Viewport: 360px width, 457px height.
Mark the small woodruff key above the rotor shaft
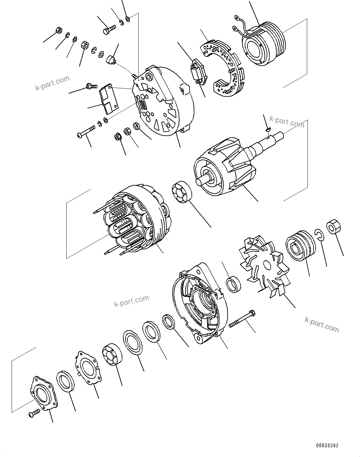[268, 128]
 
